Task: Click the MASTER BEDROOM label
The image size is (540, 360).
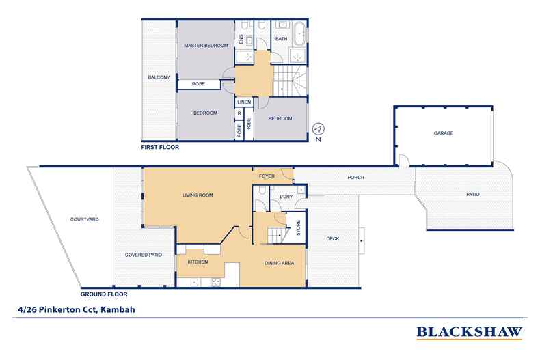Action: (206, 46)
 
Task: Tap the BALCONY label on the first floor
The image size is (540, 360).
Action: (159, 77)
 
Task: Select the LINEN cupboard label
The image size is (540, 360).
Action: (244, 102)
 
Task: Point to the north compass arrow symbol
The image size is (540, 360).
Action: (319, 129)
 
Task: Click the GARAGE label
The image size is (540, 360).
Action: (443, 133)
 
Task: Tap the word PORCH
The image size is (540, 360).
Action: (355, 177)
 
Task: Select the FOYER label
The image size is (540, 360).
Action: (267, 176)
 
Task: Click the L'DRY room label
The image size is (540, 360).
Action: (286, 197)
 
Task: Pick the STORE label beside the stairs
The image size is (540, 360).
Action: (298, 227)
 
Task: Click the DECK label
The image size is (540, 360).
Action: (333, 238)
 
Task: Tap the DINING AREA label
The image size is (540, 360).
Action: (280, 263)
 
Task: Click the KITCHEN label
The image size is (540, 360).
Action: (198, 262)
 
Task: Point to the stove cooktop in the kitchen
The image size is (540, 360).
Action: (216, 282)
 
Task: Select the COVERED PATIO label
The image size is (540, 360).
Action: (144, 255)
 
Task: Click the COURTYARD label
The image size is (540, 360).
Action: (84, 219)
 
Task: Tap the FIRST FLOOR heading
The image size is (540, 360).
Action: (160, 147)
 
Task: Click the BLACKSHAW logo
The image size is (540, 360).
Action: (470, 332)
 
